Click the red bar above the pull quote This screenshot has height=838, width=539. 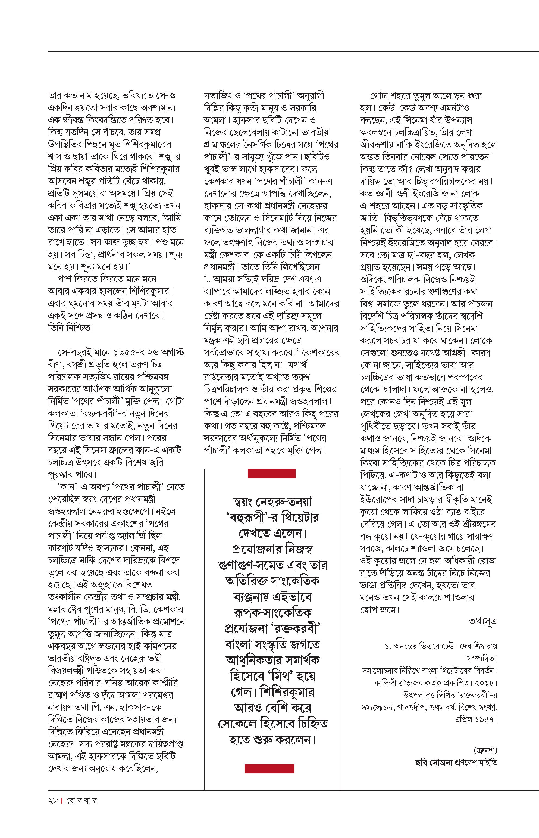(272, 473)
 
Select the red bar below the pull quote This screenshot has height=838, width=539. (269, 768)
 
